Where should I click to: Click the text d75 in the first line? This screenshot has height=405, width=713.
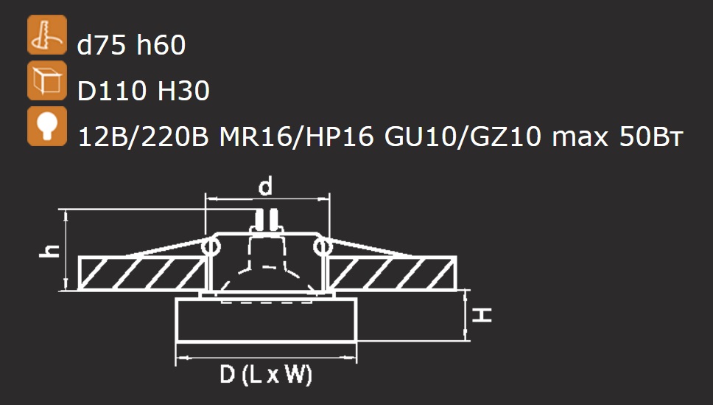coord(102,45)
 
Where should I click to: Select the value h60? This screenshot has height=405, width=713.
coord(161,45)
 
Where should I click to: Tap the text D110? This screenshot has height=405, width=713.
coord(112,91)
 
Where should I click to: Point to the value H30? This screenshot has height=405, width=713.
coord(183,91)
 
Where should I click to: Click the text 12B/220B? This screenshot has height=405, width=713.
coord(143,136)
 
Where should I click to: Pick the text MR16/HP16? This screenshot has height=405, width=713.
coord(297,136)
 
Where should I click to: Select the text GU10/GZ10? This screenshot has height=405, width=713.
coord(463,136)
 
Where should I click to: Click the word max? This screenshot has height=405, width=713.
coord(580,137)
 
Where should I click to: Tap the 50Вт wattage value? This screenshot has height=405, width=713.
coord(650,136)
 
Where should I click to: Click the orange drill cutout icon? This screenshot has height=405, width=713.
coord(47,35)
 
